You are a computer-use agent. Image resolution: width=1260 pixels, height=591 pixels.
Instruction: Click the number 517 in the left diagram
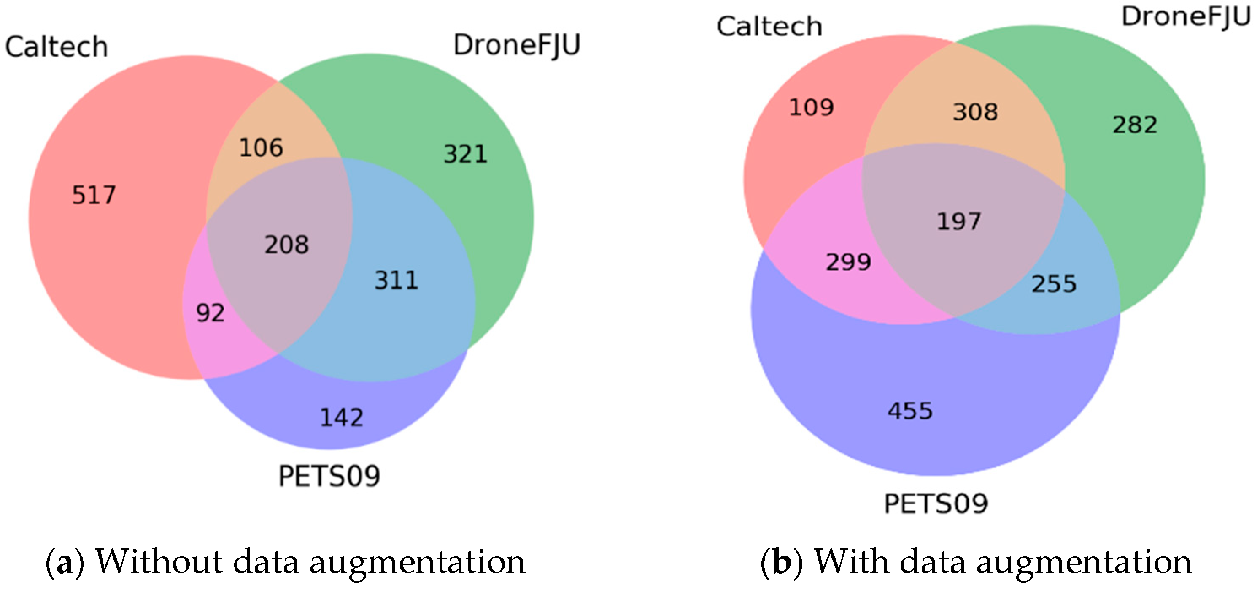point(94,195)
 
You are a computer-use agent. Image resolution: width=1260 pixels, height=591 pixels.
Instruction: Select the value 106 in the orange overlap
point(261,148)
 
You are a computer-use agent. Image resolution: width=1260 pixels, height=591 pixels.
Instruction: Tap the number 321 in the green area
point(465,154)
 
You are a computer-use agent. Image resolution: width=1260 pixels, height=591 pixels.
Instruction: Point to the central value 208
point(286,245)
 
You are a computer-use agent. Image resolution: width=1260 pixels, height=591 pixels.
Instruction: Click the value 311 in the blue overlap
point(396,281)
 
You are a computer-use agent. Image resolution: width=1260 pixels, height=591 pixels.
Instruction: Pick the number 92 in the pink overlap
point(210,313)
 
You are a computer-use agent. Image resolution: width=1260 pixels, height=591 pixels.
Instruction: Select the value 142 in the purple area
point(341,418)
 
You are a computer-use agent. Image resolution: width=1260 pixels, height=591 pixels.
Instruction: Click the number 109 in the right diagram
point(812,108)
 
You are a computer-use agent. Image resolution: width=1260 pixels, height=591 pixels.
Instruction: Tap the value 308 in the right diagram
point(975,112)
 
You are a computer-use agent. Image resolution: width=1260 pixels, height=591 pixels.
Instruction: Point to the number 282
point(1135,125)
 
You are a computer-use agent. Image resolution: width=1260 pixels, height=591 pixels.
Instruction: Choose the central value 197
point(959,221)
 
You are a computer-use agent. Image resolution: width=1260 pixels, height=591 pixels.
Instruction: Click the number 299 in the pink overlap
point(848,262)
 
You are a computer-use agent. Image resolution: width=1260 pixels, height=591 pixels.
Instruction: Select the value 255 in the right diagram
point(1054,284)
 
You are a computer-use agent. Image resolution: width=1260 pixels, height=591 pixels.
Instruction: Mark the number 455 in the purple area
point(910,411)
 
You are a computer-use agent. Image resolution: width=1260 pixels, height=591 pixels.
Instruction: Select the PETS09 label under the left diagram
point(329,476)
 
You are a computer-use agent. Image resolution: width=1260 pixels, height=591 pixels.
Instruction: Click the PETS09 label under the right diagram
point(936,504)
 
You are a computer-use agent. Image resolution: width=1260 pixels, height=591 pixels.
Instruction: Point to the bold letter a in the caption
point(65,563)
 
